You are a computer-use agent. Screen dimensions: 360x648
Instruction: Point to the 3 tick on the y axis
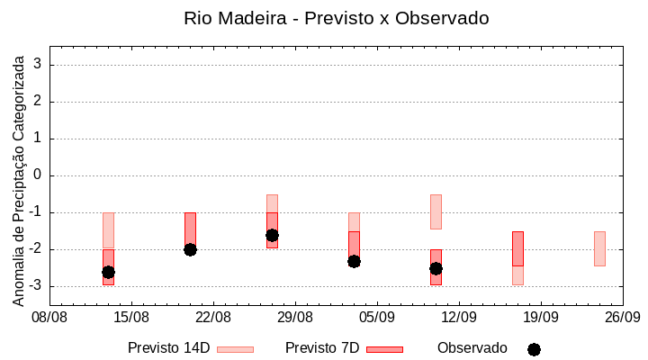(38, 65)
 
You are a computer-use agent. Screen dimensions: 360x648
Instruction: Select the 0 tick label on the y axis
(38, 175)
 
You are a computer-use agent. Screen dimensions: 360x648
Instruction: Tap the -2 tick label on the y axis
(35, 249)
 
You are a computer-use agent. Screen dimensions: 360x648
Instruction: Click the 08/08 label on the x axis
(49, 318)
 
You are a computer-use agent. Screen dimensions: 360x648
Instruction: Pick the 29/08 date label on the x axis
(295, 318)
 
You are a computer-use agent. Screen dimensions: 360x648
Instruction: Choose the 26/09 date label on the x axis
(622, 318)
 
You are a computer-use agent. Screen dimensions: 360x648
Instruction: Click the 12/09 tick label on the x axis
(459, 318)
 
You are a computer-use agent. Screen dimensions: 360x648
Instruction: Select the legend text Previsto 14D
(168, 348)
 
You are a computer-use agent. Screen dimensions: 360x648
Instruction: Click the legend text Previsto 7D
(322, 348)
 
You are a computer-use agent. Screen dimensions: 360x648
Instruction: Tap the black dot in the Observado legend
(534, 349)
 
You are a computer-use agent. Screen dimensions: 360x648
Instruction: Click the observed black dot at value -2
(190, 249)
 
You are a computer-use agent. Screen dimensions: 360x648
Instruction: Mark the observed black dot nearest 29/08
(272, 235)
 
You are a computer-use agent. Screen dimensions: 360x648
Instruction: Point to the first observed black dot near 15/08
(108, 272)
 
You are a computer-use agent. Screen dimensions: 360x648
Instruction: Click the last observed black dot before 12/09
(436, 268)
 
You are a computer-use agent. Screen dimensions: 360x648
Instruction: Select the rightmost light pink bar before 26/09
(599, 248)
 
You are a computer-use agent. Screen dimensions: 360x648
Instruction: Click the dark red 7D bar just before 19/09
(517, 248)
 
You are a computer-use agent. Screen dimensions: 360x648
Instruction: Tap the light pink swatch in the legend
(235, 349)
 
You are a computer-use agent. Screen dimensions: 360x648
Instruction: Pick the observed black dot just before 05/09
(354, 261)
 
